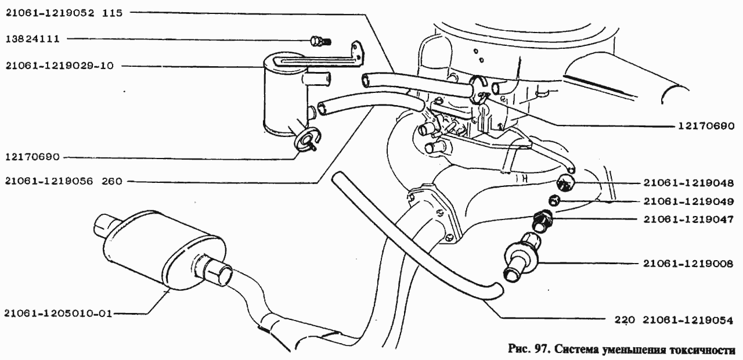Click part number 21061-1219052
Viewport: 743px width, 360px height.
click(50, 13)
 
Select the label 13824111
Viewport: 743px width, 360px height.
click(33, 39)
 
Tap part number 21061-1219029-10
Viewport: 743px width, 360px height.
click(60, 66)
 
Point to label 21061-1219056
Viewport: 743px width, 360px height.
click(49, 182)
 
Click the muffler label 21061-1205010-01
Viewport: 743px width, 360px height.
click(59, 314)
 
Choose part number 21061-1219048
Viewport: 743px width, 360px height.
click(688, 183)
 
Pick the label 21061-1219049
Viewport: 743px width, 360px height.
click(688, 201)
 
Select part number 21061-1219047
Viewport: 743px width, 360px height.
click(688, 219)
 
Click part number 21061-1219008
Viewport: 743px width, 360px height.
click(688, 264)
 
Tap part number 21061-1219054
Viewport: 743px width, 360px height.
click(688, 320)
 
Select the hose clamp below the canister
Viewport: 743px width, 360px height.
click(307, 140)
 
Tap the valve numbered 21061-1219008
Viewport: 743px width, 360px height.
click(521, 258)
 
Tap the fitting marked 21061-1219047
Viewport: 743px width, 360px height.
click(542, 221)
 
